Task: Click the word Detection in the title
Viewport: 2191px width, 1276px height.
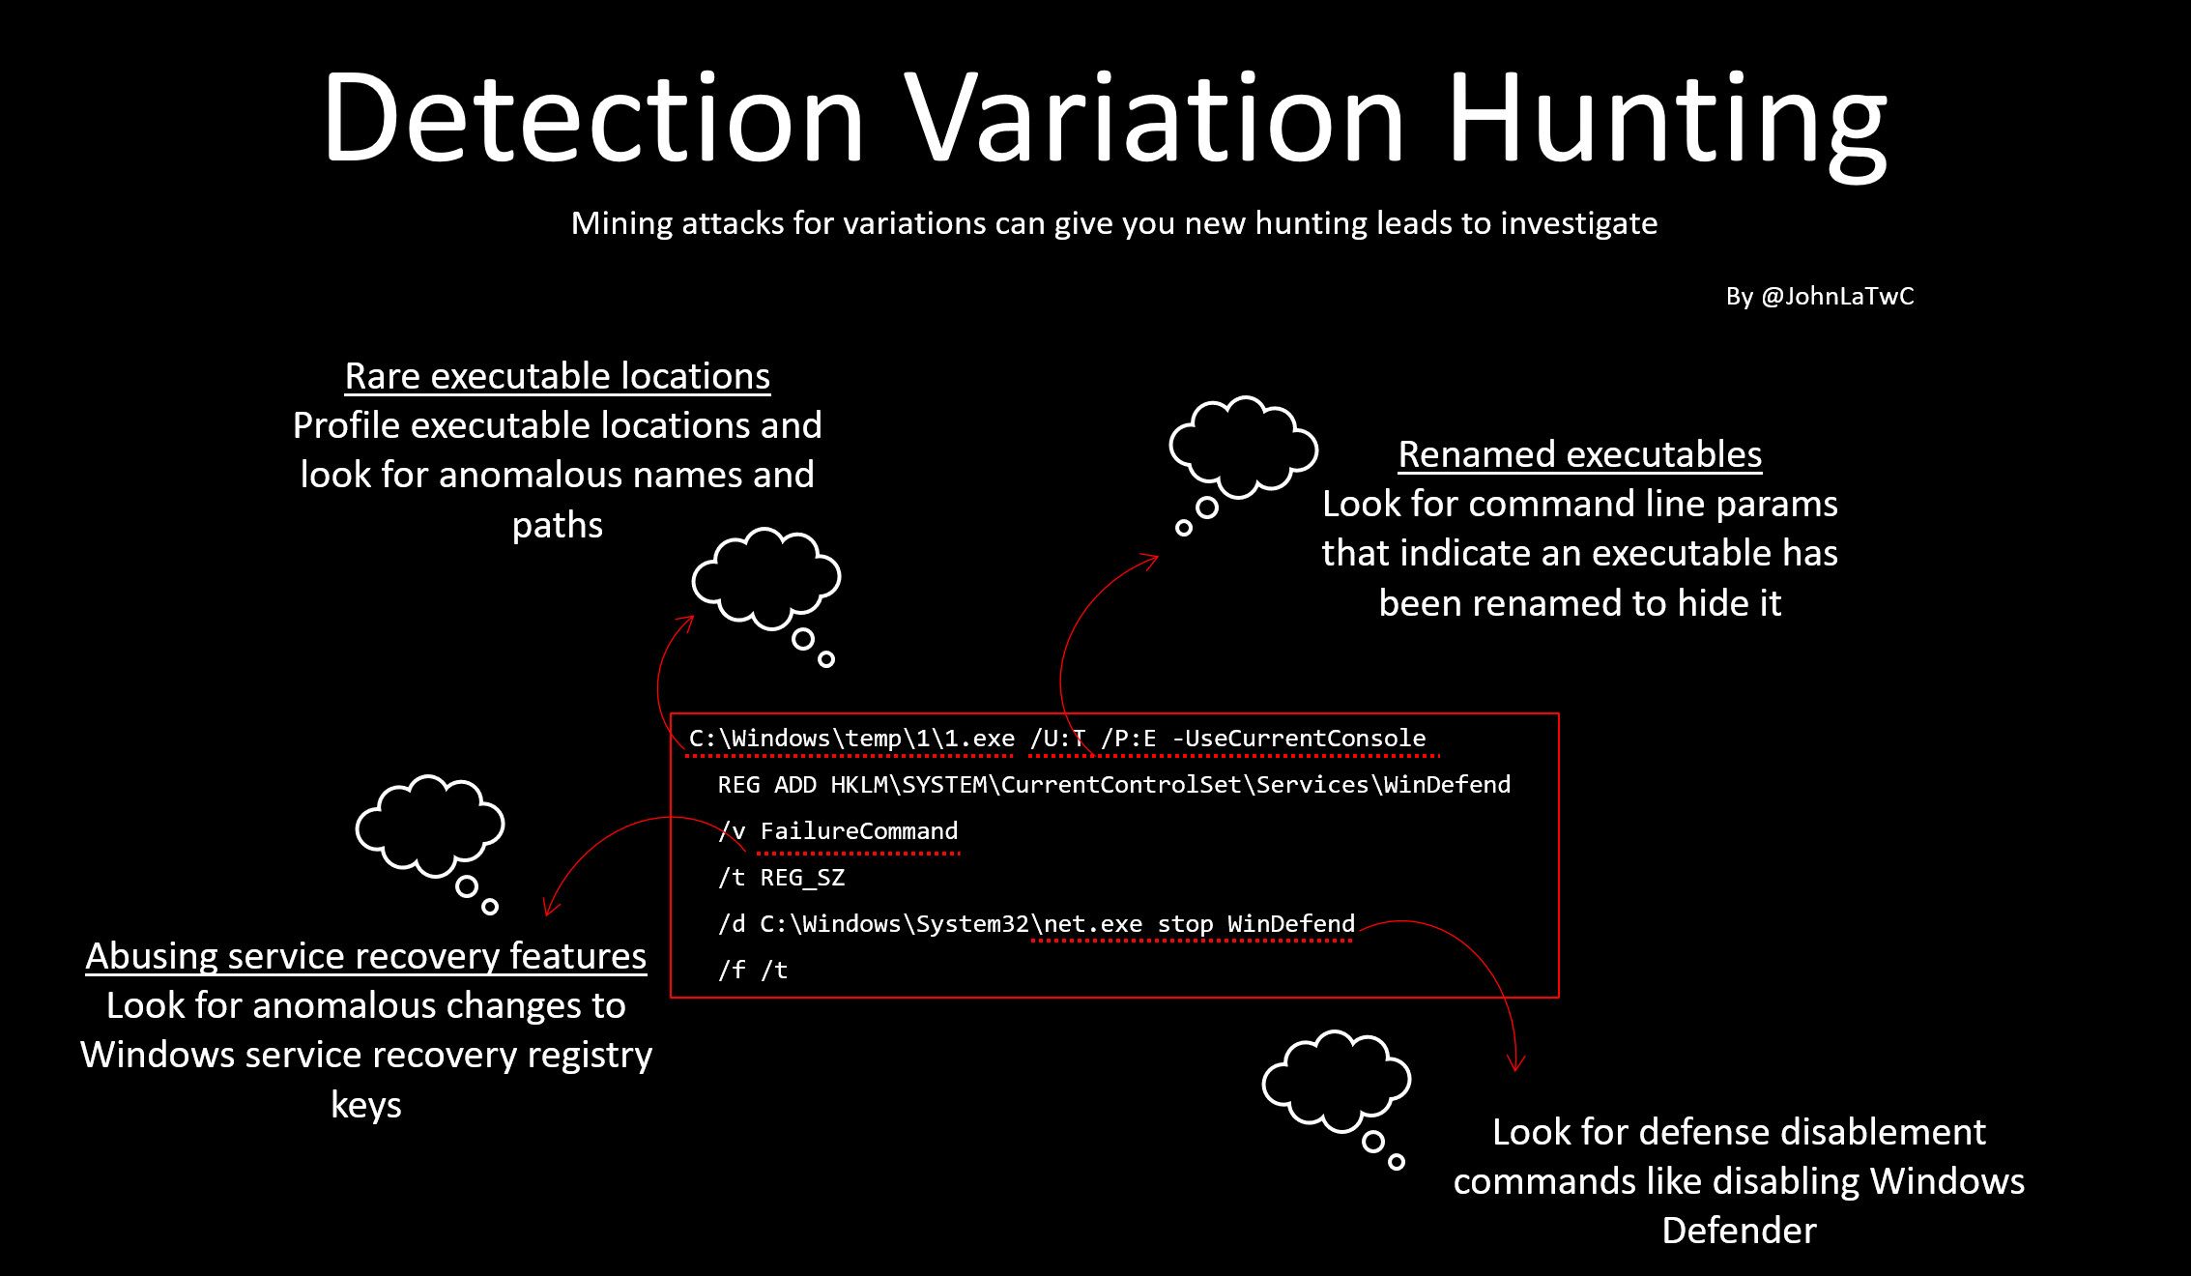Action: pos(593,119)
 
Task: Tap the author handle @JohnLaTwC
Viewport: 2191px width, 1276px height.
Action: pos(1837,296)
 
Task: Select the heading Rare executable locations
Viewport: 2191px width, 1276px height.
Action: pos(558,376)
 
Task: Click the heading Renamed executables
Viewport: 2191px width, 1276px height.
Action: pos(1579,454)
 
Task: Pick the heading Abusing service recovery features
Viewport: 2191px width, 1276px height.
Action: pos(366,956)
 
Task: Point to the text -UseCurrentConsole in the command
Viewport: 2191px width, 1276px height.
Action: pos(1299,739)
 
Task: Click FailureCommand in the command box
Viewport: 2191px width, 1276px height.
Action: pos(858,831)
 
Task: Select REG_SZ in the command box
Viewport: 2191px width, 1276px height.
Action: pos(802,878)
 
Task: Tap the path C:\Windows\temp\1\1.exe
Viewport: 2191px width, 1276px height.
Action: pos(851,739)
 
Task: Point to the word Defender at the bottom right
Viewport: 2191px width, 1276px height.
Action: pos(1739,1231)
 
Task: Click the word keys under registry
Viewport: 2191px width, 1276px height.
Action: pos(365,1105)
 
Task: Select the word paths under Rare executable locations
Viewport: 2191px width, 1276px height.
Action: pos(557,525)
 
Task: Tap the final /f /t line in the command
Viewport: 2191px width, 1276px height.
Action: pos(753,971)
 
